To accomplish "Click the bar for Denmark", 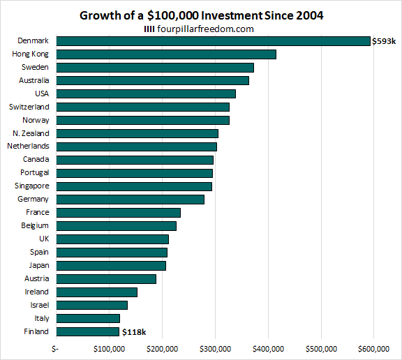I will [x=213, y=41].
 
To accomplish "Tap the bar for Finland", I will [x=87, y=332].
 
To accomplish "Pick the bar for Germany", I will [x=130, y=200].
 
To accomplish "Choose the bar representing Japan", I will [x=110, y=266].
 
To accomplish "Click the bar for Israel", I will [x=91, y=305].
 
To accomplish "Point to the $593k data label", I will [x=385, y=41].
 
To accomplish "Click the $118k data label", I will [x=134, y=332].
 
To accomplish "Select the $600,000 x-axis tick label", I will [x=374, y=348].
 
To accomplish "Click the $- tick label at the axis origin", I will [x=56, y=348].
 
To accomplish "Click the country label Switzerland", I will [x=29, y=107].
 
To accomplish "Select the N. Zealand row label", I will [x=31, y=133].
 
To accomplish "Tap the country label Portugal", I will [x=34, y=173].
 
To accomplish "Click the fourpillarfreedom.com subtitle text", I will [x=207, y=29].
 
